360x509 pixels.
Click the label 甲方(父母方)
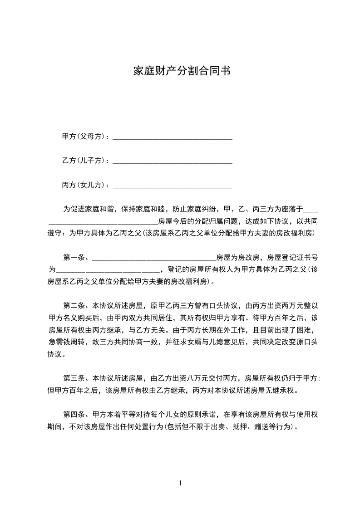pyautogui.click(x=85, y=137)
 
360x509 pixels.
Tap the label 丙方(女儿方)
pyautogui.click(x=85, y=185)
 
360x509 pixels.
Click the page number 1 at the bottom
pyautogui.click(x=180, y=483)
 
